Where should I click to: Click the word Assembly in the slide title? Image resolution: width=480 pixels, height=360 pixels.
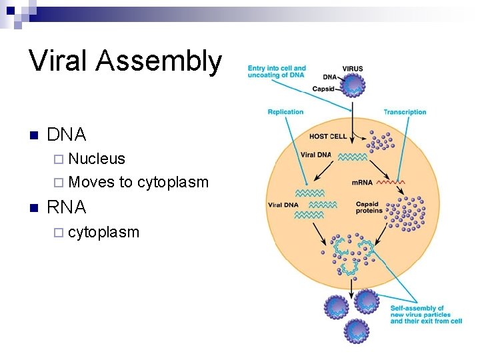tap(159, 62)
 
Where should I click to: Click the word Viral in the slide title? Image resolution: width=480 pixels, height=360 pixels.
tap(58, 61)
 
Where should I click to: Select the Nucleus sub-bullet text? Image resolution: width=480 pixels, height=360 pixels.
tap(97, 159)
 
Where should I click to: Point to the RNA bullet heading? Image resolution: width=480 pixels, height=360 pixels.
tap(67, 207)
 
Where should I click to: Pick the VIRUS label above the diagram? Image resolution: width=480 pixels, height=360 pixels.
tap(353, 68)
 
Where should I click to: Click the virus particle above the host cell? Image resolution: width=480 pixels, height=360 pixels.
tap(354, 85)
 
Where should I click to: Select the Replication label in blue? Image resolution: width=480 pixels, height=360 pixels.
tap(285, 112)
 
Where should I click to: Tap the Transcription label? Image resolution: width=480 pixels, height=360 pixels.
tap(405, 112)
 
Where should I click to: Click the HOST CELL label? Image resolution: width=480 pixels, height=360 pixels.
tap(328, 137)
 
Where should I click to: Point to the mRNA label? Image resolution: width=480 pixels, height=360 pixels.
tap(362, 182)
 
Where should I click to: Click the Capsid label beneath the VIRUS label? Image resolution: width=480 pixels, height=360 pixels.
tap(323, 89)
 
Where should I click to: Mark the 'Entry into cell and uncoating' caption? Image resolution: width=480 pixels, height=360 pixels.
tap(277, 71)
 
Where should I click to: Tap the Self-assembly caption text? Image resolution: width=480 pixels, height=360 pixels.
tap(425, 314)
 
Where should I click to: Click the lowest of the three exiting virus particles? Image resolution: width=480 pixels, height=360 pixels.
tap(357, 329)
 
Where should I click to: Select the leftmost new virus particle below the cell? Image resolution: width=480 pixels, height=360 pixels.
tap(336, 307)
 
